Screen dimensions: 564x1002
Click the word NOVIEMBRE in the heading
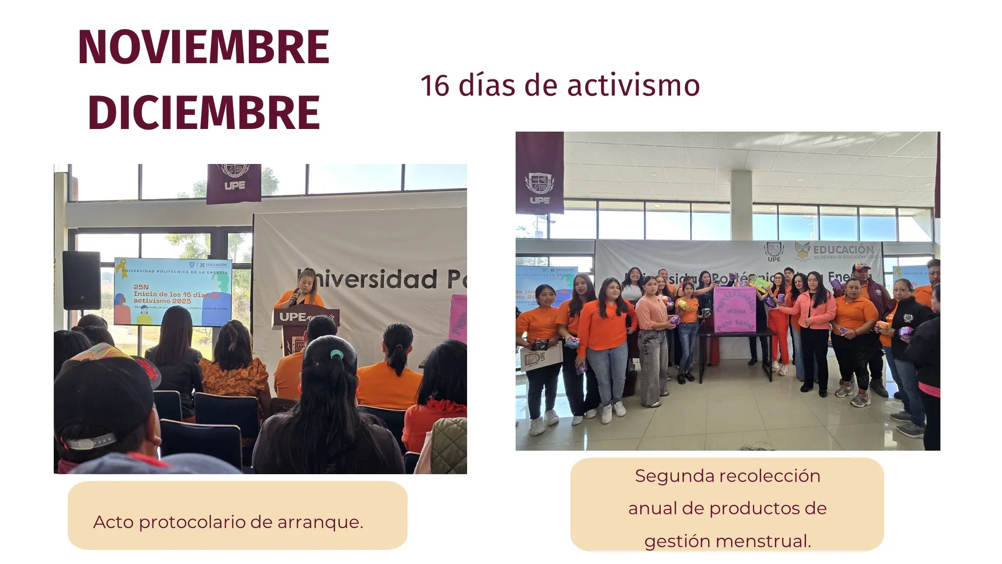pyautogui.click(x=204, y=47)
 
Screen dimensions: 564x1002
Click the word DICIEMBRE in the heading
pyautogui.click(x=204, y=113)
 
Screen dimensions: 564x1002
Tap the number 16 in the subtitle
pyautogui.click(x=435, y=86)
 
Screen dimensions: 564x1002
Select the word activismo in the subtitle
pyautogui.click(x=633, y=86)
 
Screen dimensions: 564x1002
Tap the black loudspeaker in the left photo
pyautogui.click(x=81, y=280)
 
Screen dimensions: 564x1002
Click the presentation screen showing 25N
pyautogui.click(x=173, y=290)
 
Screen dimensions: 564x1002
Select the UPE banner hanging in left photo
pyautogui.click(x=234, y=183)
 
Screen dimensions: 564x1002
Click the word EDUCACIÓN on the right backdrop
pyautogui.click(x=843, y=250)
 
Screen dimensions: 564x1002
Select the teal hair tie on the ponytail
pyautogui.click(x=337, y=355)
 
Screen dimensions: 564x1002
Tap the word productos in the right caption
pyautogui.click(x=754, y=508)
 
